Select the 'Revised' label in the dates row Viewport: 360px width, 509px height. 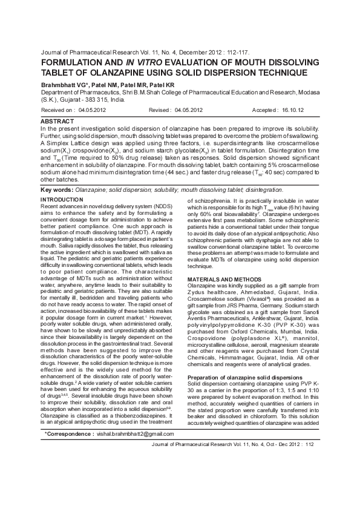pyautogui.click(x=160, y=111)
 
